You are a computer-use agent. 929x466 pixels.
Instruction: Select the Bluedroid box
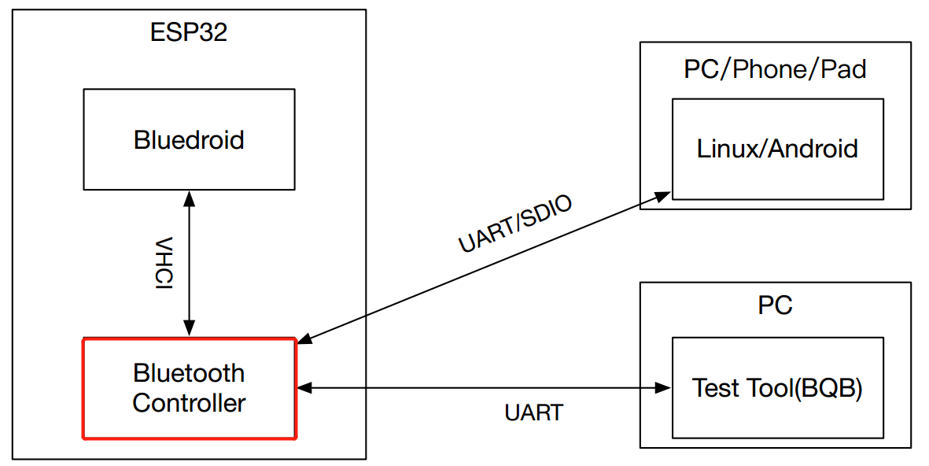point(189,139)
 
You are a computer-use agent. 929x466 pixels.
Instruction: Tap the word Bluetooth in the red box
point(189,372)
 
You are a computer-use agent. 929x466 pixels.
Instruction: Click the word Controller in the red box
point(189,403)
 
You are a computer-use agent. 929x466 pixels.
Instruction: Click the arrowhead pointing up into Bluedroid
point(189,197)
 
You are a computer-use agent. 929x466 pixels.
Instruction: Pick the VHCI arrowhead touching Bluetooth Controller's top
point(189,330)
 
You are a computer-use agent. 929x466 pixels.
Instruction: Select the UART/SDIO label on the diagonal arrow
point(515,224)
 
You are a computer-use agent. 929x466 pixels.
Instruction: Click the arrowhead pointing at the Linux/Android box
point(664,194)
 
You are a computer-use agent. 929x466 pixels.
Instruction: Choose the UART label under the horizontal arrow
point(534,412)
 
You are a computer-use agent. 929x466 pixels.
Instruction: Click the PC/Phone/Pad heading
point(775,69)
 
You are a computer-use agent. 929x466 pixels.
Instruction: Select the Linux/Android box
point(777,149)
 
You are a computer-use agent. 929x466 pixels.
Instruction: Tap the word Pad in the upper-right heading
point(843,69)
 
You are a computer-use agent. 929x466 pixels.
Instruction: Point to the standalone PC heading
point(775,305)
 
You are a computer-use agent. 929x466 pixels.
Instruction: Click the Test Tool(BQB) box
point(777,388)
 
